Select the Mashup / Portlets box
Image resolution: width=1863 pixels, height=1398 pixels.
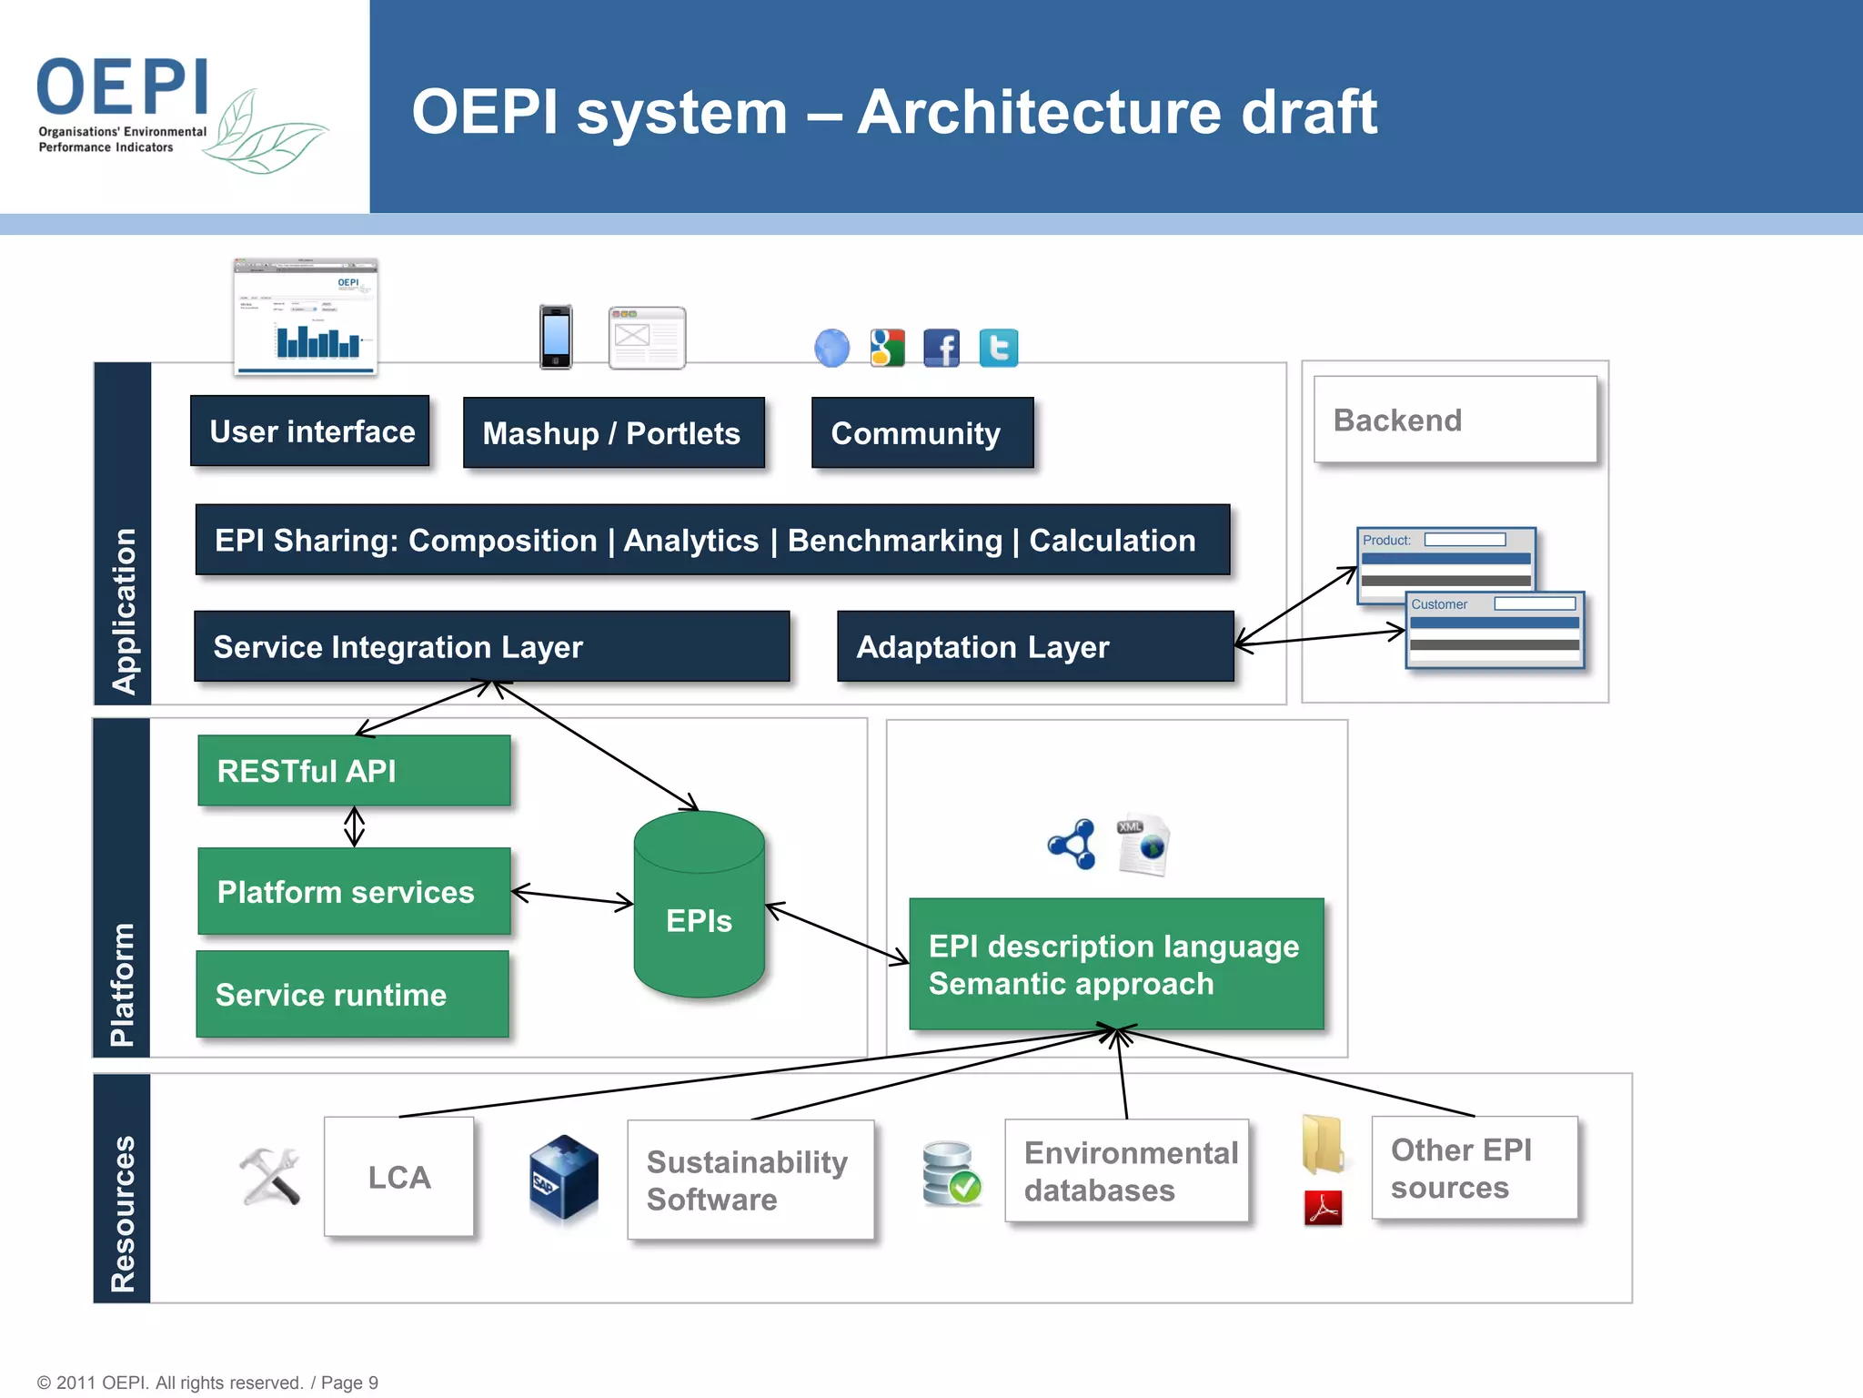[x=613, y=433]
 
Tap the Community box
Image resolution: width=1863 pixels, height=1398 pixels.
[x=921, y=433]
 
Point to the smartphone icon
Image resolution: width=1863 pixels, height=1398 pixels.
[x=556, y=337]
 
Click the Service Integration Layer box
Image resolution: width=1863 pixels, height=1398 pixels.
[x=491, y=647]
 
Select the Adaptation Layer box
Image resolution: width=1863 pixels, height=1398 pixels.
[x=1034, y=647]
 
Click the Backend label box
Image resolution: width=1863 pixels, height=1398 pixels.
[x=1455, y=420]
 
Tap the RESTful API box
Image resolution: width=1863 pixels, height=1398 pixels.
[x=354, y=771]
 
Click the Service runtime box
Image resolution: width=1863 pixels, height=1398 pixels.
[x=352, y=995]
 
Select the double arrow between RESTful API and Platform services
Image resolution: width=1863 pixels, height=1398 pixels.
[x=355, y=827]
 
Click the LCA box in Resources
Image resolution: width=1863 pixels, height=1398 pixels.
[x=398, y=1177]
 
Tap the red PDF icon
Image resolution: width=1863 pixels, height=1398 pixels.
[x=1323, y=1209]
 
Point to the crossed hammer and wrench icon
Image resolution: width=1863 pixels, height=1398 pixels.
[x=270, y=1176]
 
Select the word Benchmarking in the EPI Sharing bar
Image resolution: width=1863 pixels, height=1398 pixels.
[x=894, y=541]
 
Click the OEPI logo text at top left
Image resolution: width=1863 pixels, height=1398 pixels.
[x=123, y=86]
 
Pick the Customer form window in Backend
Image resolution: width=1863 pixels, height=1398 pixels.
[x=1495, y=631]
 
